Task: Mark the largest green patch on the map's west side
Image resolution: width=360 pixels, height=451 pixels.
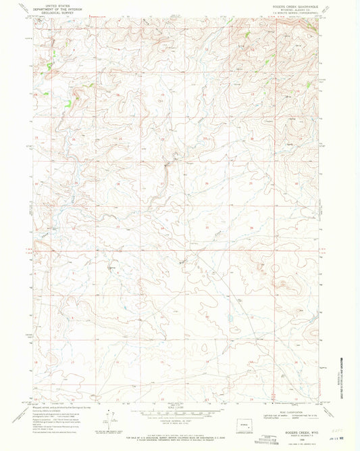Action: click(x=68, y=103)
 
